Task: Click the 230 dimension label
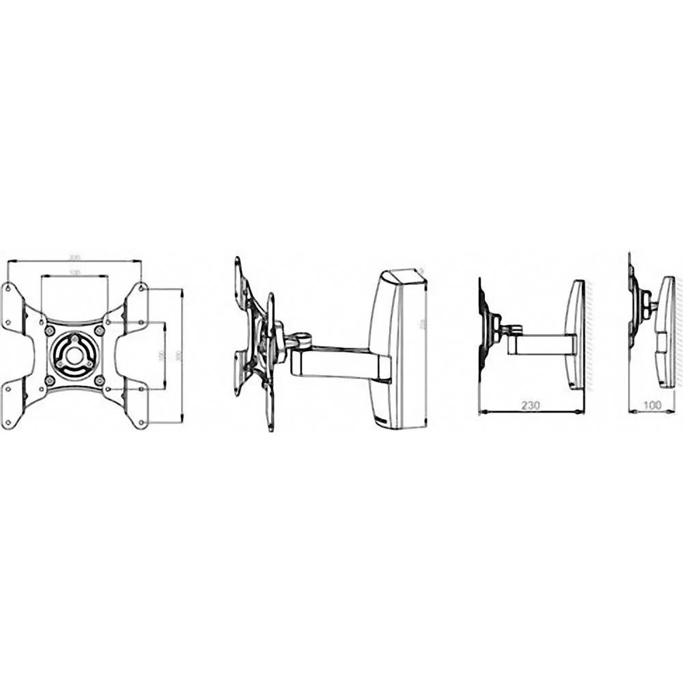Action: pyautogui.click(x=530, y=405)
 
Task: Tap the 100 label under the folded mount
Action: pyautogui.click(x=653, y=405)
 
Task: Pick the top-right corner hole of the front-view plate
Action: pyautogui.click(x=141, y=288)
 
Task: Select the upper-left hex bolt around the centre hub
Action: pyautogui.click(x=49, y=331)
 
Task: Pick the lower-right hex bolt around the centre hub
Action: pyautogui.click(x=99, y=380)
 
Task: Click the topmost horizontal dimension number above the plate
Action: pyautogui.click(x=74, y=257)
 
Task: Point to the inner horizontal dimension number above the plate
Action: pyautogui.click(x=74, y=273)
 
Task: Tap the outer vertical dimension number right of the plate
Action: pyautogui.click(x=179, y=355)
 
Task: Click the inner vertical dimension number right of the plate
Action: pyautogui.click(x=162, y=355)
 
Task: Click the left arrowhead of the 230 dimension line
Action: pyautogui.click(x=482, y=412)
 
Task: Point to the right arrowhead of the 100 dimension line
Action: pyautogui.click(x=672, y=412)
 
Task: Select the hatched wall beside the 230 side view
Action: pyautogui.click(x=589, y=335)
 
